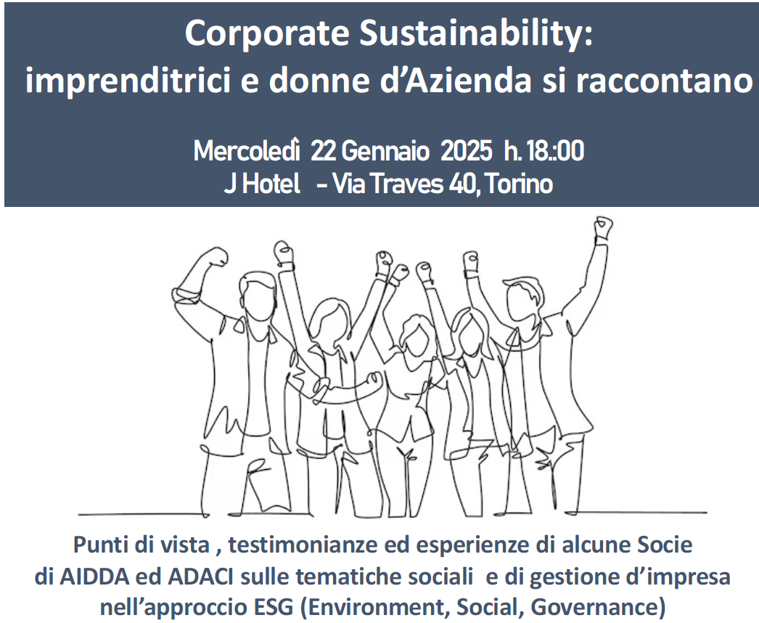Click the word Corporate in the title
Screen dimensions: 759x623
(267, 34)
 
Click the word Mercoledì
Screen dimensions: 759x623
(247, 150)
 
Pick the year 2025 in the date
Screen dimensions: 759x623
(466, 151)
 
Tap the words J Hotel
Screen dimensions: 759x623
(262, 184)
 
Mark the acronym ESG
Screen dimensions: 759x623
(274, 606)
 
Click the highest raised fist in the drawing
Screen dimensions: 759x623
(604, 227)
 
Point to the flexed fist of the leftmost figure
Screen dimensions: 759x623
(216, 256)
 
